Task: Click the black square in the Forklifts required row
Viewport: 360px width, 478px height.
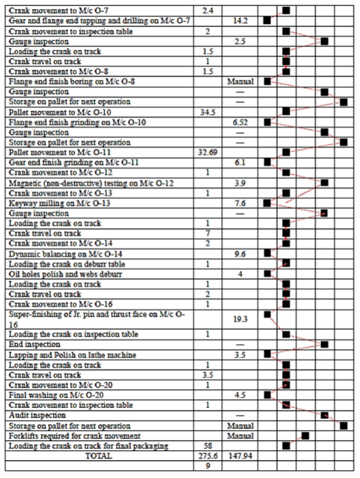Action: (305, 435)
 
